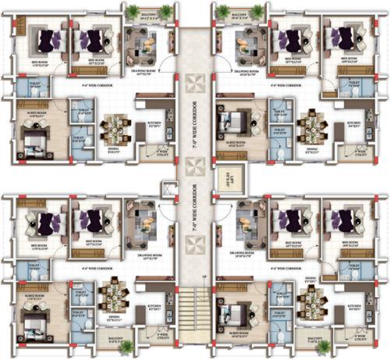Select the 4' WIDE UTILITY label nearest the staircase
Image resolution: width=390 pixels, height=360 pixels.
tap(163, 333)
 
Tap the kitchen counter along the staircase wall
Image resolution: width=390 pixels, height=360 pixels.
tap(167, 308)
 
